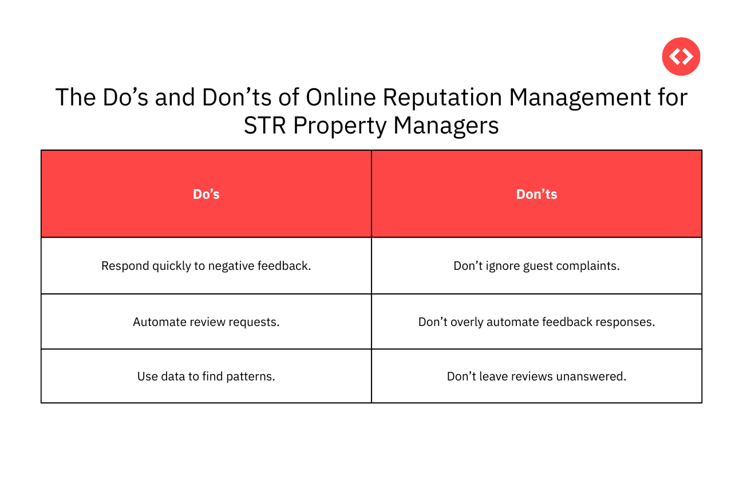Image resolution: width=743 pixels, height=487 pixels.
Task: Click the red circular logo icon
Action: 681,57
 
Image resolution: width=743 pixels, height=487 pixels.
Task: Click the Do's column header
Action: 206,194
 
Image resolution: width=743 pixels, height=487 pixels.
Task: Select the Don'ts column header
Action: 537,194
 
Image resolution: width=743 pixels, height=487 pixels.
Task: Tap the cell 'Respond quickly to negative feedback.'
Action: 206,266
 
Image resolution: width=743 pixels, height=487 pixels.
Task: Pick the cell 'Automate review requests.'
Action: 206,322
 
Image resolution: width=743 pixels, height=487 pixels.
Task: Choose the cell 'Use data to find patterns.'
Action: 206,376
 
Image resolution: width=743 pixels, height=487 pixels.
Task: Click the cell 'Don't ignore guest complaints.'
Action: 537,266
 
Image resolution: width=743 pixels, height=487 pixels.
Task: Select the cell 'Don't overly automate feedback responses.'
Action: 537,322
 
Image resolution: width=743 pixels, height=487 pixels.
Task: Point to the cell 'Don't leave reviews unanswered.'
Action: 537,376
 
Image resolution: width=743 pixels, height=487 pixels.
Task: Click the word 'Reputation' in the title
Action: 442,97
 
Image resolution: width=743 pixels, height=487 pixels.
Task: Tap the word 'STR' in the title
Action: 264,125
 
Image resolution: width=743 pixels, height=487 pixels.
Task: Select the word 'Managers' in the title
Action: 446,126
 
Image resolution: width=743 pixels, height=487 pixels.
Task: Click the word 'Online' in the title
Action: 341,97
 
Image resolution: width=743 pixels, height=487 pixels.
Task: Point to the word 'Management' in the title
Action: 579,97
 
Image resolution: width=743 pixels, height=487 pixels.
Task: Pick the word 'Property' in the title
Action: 339,126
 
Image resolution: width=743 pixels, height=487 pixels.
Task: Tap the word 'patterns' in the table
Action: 250,377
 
